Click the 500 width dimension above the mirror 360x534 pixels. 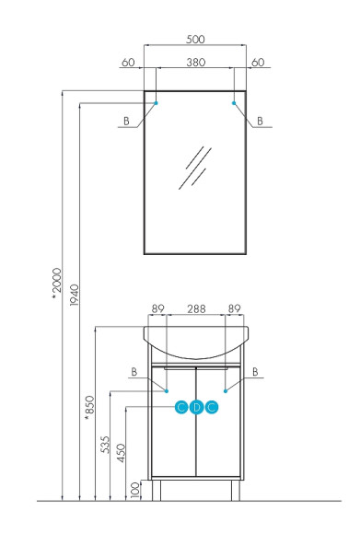pos(195,40)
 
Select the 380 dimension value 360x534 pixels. pos(195,63)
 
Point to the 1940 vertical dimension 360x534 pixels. pos(75,296)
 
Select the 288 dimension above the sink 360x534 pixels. pos(195,311)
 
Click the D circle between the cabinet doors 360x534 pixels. pos(196,407)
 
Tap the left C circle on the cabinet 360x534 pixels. pos(181,407)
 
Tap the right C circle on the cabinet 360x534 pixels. pos(212,407)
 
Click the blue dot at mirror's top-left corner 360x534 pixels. pos(157,102)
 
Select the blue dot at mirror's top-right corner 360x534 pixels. pos(234,102)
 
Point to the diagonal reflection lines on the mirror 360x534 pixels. pos(196,167)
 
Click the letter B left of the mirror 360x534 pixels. pos(125,121)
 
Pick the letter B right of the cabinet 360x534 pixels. pos(258,372)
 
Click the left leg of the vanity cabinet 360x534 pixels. pos(155,490)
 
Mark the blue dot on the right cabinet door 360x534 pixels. pos(225,391)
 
